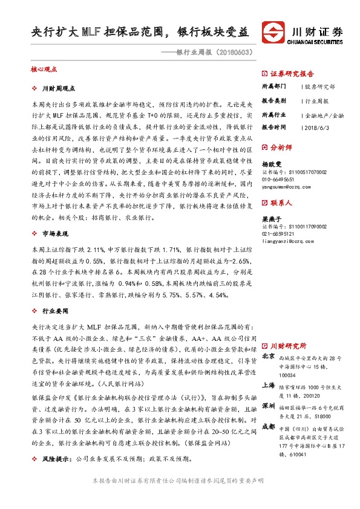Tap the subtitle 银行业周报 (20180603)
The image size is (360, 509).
(x=212, y=53)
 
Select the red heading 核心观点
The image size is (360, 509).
(x=43, y=70)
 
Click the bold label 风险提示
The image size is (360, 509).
(x=55, y=459)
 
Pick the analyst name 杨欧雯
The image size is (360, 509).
(x=271, y=163)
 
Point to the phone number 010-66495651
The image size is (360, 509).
(x=279, y=180)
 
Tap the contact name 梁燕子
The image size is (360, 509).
(x=271, y=219)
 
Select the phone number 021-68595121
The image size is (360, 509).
(x=279, y=235)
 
